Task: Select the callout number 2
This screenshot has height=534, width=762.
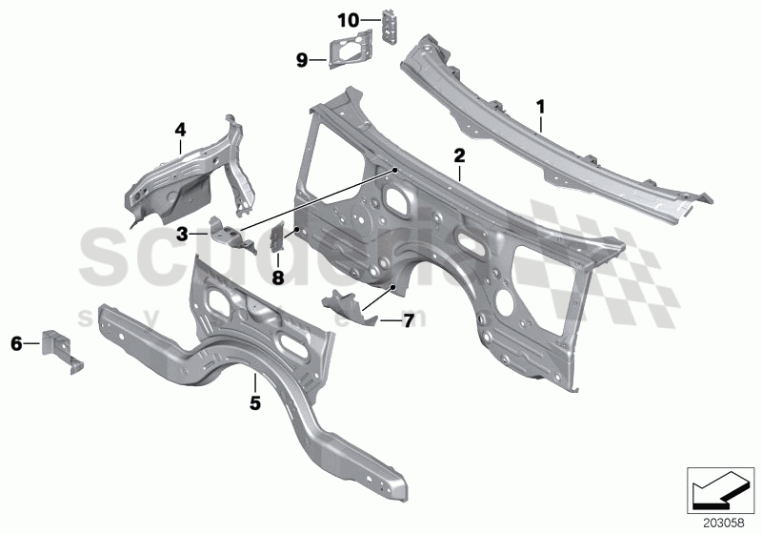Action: point(459,154)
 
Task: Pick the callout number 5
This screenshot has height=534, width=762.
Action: point(254,404)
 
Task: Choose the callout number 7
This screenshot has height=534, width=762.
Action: point(407,321)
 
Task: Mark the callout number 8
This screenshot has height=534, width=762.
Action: point(278,278)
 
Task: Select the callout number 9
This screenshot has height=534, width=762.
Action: point(301,60)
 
